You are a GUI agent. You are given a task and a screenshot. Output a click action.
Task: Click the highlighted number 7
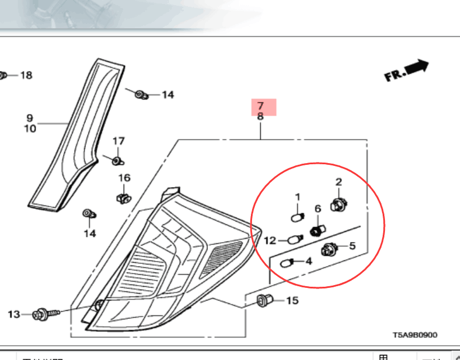(x=261, y=106)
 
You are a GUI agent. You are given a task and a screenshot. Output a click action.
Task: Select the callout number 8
(x=261, y=116)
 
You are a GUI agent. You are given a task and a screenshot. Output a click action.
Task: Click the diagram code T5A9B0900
(x=415, y=335)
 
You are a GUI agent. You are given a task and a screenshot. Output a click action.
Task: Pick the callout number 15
(x=292, y=300)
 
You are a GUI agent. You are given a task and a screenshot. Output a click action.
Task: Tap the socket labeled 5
(x=329, y=249)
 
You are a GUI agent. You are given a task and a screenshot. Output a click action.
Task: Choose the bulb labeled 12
(x=295, y=239)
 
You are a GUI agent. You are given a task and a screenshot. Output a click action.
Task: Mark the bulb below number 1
(x=297, y=217)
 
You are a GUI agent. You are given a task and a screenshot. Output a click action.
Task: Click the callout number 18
(x=26, y=75)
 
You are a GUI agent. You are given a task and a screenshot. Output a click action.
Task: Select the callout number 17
(x=118, y=141)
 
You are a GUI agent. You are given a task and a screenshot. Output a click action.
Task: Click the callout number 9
(x=29, y=118)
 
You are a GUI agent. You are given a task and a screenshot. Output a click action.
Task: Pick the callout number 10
(x=29, y=129)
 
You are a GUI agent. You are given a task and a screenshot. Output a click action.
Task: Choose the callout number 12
(x=270, y=240)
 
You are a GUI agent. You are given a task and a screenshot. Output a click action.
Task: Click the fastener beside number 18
(x=3, y=75)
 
